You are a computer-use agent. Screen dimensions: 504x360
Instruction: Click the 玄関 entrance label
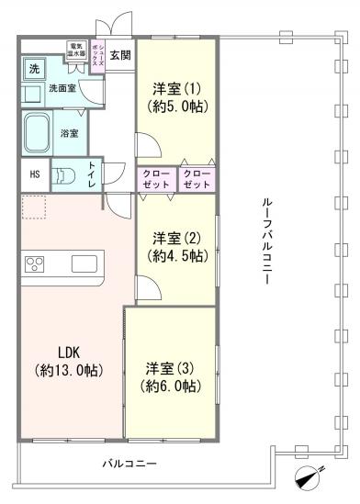tap(120, 55)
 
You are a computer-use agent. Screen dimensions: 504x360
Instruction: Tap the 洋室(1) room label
tap(174, 88)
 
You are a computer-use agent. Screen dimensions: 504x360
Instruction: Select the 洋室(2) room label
tap(174, 236)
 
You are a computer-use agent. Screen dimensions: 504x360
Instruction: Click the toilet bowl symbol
tap(64, 175)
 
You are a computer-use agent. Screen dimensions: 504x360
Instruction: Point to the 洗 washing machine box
tap(33, 71)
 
